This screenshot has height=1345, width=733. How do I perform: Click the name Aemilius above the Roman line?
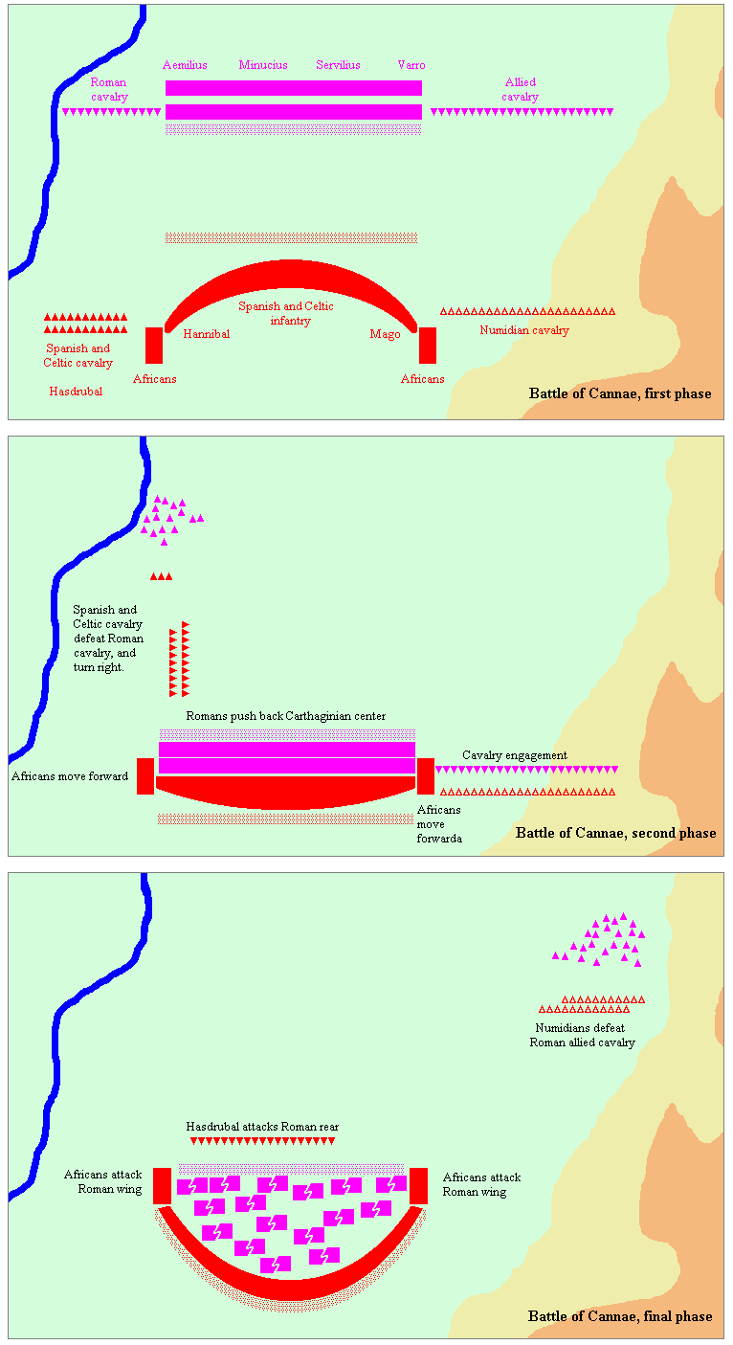(185, 65)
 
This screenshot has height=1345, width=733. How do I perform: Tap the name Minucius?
(263, 65)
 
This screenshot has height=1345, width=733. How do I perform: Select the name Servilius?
(338, 65)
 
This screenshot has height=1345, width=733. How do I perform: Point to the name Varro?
(411, 65)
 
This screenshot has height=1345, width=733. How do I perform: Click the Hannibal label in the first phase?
(206, 334)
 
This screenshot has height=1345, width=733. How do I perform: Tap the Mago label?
(385, 334)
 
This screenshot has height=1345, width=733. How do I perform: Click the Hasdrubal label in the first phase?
(76, 392)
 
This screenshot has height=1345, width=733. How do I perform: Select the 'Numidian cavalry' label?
(524, 330)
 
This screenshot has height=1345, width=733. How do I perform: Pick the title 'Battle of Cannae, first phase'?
(620, 393)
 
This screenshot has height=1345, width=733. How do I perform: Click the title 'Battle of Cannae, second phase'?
(615, 833)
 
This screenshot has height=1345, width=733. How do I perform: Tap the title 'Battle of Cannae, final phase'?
(620, 1316)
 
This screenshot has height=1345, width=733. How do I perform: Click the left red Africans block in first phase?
(154, 346)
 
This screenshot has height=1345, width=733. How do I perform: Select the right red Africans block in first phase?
(428, 346)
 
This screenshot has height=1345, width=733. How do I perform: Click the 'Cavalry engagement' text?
(515, 755)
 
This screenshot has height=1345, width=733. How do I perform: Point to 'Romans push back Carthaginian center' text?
(285, 716)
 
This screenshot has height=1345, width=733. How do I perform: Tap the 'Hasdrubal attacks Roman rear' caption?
(262, 1127)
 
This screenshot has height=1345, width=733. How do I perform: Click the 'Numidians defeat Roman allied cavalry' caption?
(582, 1035)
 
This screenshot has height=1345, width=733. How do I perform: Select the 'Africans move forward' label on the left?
(70, 776)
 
